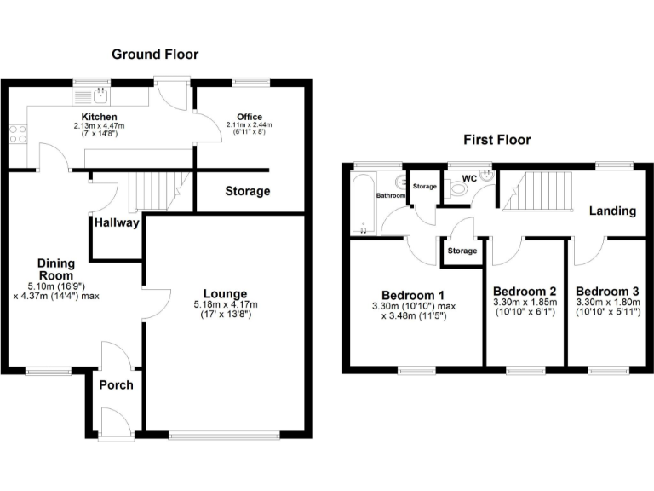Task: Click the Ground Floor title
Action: tap(155, 55)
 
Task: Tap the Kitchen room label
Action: tap(99, 117)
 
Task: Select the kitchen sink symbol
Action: tap(100, 95)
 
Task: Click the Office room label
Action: tap(250, 117)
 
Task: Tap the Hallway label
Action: tap(117, 222)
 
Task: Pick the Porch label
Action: tap(117, 384)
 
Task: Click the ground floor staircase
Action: tap(158, 190)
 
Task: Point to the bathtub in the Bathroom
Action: tap(362, 203)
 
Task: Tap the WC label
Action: tap(468, 178)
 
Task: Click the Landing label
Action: tap(612, 211)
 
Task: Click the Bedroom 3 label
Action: tap(608, 291)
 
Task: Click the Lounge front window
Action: tap(224, 436)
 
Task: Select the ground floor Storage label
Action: tap(248, 191)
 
